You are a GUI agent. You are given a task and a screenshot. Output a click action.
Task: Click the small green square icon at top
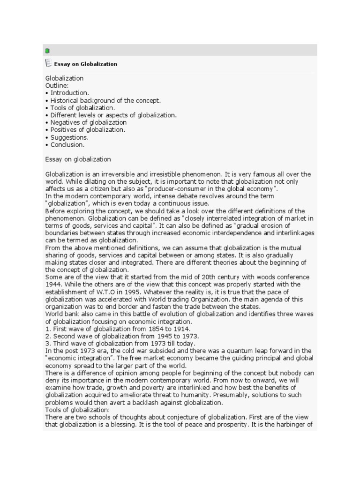click(47, 51)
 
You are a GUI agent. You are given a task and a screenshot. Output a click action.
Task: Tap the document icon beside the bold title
click(48, 63)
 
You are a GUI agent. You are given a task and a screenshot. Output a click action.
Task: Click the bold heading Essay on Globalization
click(86, 64)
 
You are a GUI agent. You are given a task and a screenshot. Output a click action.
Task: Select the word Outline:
click(57, 86)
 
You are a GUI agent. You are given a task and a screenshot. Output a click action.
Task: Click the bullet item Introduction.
click(69, 93)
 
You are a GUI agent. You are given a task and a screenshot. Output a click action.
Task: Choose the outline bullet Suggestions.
click(69, 137)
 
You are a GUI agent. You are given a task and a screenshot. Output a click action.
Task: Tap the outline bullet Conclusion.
click(67, 145)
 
